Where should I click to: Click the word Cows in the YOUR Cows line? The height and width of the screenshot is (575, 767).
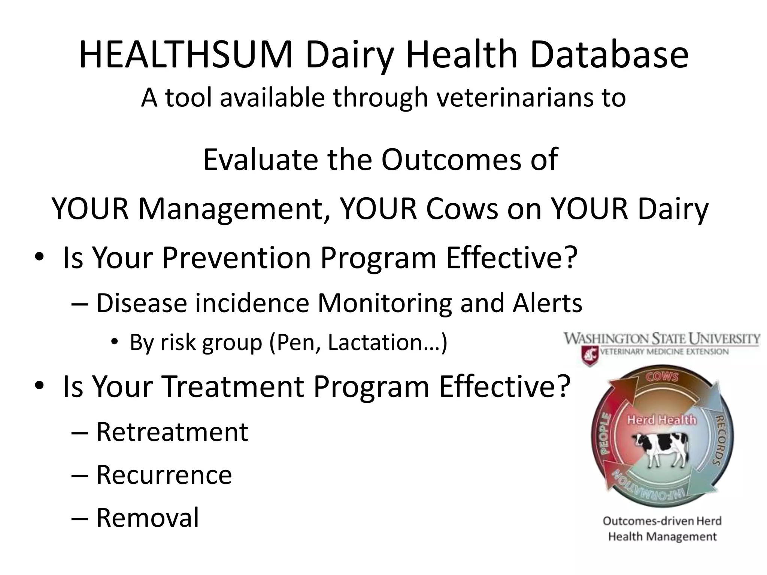pos(461,209)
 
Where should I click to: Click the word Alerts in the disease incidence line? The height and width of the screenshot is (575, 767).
pos(547,303)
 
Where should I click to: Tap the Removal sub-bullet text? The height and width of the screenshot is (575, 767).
pos(148,518)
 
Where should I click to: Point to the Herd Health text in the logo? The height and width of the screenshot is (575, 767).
pos(661,420)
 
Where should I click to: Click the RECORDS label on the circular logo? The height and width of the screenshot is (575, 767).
pos(719,440)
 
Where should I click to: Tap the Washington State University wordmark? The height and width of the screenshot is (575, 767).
pos(662,339)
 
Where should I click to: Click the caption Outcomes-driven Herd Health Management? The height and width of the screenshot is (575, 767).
pos(662,529)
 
